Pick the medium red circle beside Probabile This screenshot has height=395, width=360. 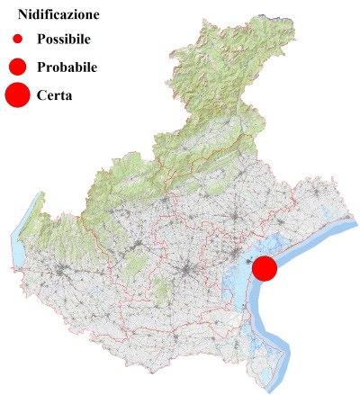17,67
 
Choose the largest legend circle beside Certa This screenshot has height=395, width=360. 17,94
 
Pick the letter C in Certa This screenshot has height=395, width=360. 42,94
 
